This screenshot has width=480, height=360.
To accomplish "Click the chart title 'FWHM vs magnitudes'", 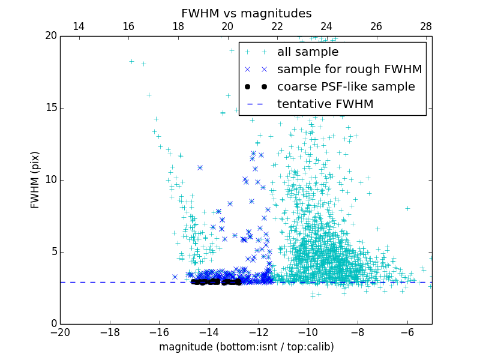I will tap(246, 13).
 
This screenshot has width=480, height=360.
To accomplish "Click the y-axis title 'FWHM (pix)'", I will tap(35, 179).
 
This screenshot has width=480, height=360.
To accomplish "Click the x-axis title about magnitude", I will tap(246, 347).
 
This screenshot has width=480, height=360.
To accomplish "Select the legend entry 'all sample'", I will tap(308, 52).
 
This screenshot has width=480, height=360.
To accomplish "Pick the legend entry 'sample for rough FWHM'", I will tap(349, 70).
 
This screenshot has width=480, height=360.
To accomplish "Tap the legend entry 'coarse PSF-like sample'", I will tap(346, 87).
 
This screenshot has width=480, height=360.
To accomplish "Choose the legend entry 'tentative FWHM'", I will tap(325, 104).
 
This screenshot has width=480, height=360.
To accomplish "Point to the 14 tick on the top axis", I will tap(78, 26).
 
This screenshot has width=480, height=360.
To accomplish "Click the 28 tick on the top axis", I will tap(426, 26).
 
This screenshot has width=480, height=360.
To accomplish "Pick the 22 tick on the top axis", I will tap(277, 26).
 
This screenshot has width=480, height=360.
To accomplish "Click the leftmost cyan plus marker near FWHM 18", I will tap(131, 61).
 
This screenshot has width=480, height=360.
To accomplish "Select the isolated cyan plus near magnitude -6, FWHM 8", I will tap(407, 209).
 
